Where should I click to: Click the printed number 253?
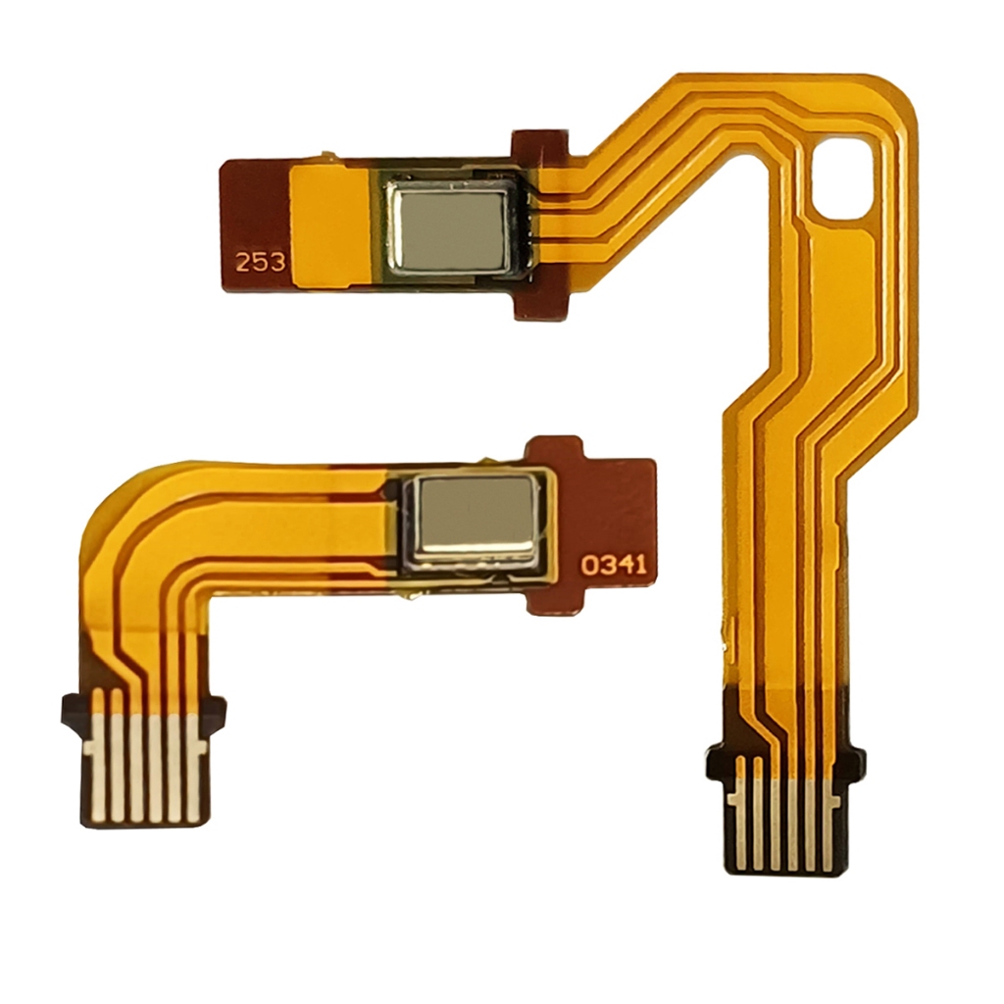(x=260, y=262)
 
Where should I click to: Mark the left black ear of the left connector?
(x=73, y=711)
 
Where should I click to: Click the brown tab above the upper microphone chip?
(x=539, y=146)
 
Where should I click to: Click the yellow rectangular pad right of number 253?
(x=331, y=225)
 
